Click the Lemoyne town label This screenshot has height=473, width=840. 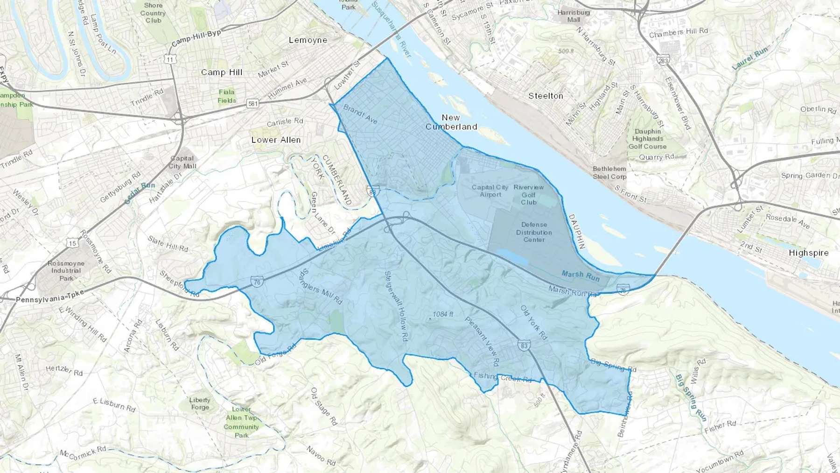[x=308, y=40]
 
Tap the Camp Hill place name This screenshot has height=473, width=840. [x=222, y=72]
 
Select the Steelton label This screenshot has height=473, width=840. [x=546, y=96]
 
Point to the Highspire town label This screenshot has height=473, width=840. [x=809, y=253]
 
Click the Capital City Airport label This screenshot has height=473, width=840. [x=490, y=191]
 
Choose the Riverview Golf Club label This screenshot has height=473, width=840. [x=529, y=195]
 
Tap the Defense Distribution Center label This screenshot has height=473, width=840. [x=534, y=232]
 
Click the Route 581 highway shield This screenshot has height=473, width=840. [x=252, y=104]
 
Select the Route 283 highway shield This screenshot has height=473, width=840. [x=663, y=61]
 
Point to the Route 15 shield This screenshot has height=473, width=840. [x=72, y=243]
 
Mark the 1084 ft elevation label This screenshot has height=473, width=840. [x=442, y=314]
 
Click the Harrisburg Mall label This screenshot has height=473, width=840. [x=574, y=16]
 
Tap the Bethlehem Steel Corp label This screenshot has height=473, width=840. [x=609, y=173]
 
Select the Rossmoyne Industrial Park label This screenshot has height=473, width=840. [x=66, y=271]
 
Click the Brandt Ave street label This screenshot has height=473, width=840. [x=360, y=114]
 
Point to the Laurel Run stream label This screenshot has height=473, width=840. [x=749, y=59]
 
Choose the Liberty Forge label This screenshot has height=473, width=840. [x=200, y=403]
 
